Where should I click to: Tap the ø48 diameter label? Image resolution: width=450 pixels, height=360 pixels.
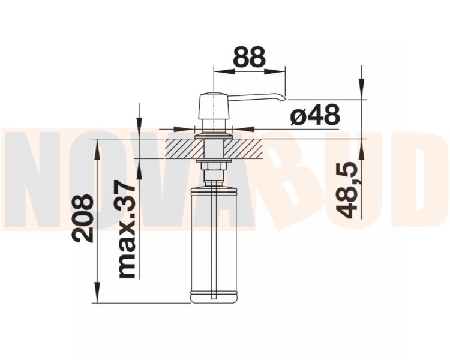pos(315,115)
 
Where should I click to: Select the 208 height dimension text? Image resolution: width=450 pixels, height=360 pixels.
pos(83,219)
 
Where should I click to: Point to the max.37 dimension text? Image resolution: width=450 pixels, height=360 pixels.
pos(126,230)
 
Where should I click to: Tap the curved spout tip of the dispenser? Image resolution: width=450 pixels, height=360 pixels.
pos(283,98)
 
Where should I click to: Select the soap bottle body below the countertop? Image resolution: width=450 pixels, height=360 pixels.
pos(214,244)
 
